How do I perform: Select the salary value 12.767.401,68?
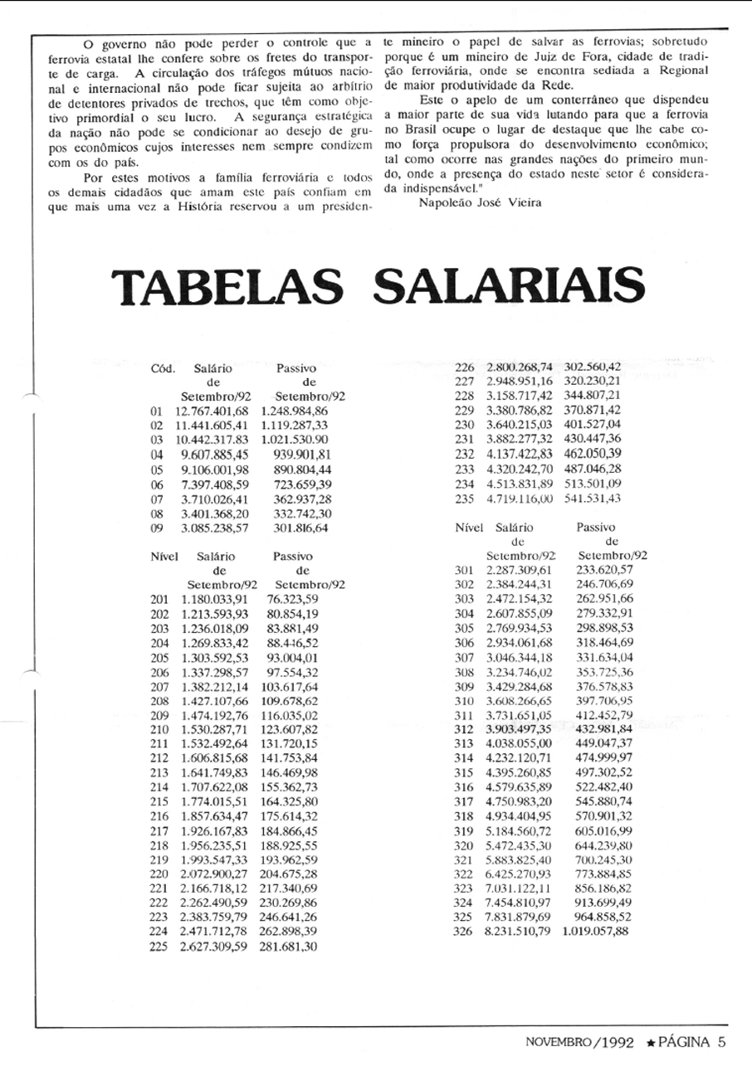click(x=212, y=411)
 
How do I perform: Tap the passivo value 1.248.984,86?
click(x=294, y=411)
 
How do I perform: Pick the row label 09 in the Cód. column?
click(x=157, y=528)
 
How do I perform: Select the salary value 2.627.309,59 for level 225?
click(x=213, y=946)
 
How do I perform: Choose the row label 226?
click(x=465, y=367)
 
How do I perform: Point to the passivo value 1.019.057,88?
click(x=595, y=932)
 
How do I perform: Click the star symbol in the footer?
click(x=651, y=1041)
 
